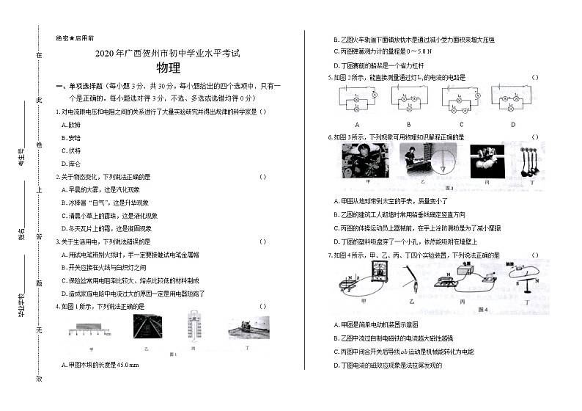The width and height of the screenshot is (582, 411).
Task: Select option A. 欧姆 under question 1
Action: tap(72, 124)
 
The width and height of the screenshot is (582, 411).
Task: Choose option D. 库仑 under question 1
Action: tap(72, 163)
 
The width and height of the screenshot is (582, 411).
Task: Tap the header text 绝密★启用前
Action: tap(75, 37)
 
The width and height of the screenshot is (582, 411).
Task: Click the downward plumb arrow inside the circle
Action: tap(443, 163)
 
